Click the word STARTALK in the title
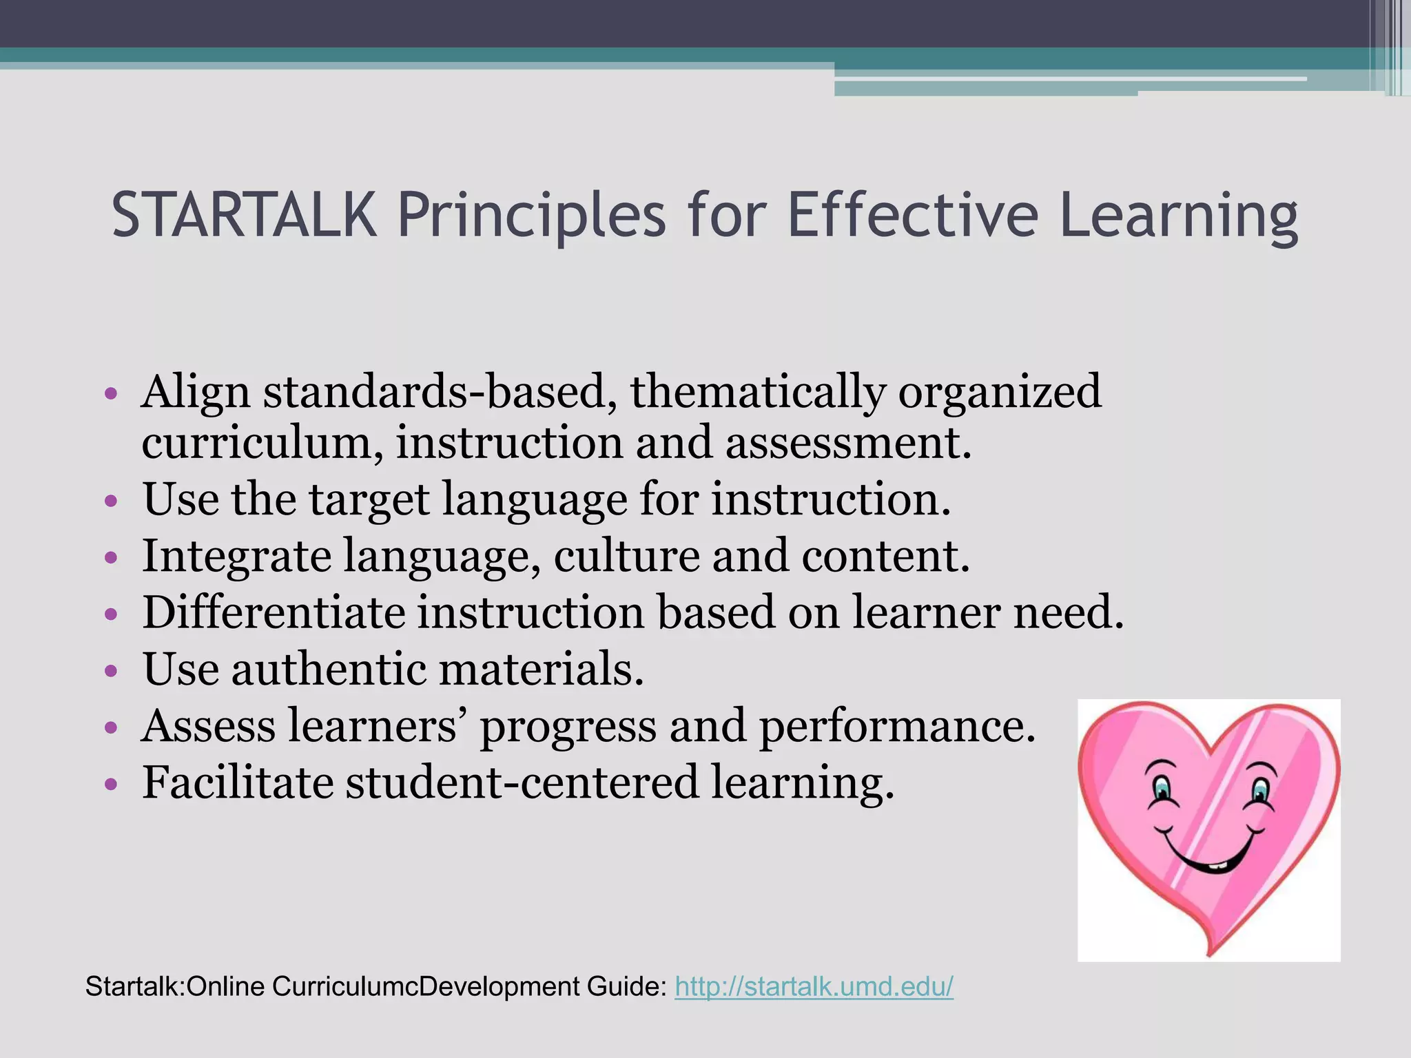coord(245,215)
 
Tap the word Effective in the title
coord(912,215)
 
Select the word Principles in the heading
coord(531,215)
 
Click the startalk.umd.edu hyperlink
coord(814,986)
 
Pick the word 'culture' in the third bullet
coord(626,555)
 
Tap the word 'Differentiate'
coord(274,612)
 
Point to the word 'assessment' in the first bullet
coord(847,442)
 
